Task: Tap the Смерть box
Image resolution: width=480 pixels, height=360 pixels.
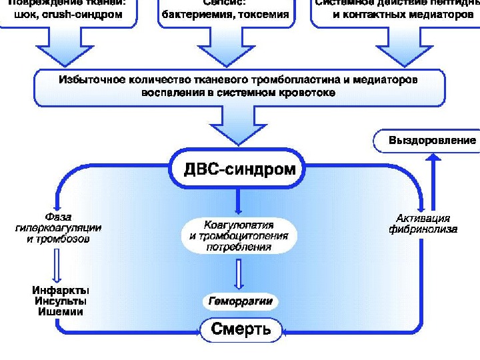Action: [241, 329]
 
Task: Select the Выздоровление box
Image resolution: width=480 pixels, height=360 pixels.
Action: [432, 141]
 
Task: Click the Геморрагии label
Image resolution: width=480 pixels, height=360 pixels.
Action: [240, 301]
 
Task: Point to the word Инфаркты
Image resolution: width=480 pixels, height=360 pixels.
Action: [61, 291]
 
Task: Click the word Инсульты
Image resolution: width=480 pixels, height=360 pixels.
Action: [61, 301]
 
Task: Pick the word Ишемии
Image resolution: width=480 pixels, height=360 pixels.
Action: [61, 312]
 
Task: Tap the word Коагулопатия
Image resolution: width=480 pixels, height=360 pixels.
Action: [238, 225]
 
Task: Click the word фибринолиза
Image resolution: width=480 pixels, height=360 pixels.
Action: [423, 229]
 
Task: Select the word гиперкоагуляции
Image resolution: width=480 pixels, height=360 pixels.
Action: [59, 227]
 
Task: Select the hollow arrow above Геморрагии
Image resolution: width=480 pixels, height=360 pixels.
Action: [239, 274]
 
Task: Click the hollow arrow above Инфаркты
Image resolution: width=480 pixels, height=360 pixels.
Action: [59, 264]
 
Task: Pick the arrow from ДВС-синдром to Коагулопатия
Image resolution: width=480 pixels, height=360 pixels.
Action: [238, 201]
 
